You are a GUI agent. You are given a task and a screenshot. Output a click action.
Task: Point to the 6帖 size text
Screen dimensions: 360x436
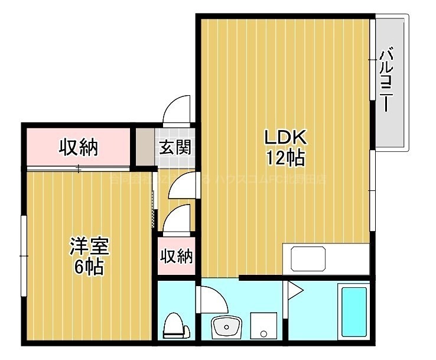point(89,267)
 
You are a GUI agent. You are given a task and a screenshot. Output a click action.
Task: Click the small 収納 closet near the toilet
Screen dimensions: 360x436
point(176,257)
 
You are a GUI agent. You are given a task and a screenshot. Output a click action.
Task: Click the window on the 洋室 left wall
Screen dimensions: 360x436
point(24,255)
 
